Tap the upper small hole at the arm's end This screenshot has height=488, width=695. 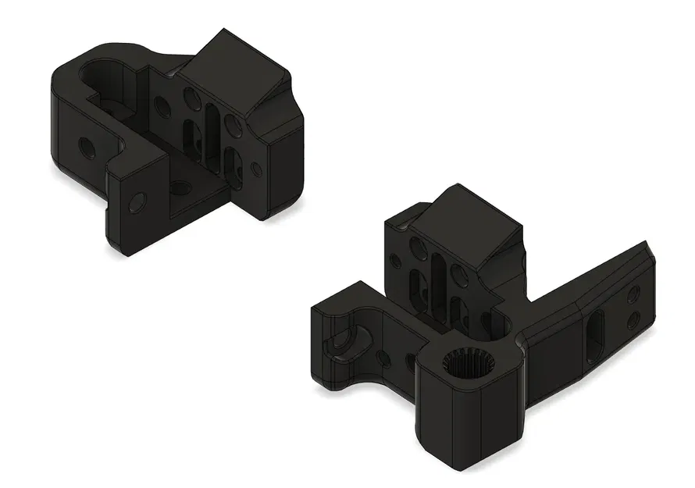(x=633, y=295)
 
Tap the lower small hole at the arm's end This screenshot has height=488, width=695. (x=633, y=319)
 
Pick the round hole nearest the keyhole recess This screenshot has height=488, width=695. (x=384, y=358)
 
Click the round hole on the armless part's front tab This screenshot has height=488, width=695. (x=137, y=201)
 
